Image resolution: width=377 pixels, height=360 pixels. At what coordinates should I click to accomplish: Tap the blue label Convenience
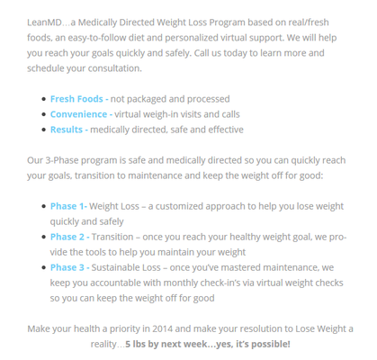[79, 114]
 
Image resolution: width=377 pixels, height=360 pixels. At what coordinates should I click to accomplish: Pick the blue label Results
[67, 130]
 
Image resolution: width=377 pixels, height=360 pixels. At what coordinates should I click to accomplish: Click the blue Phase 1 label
[68, 205]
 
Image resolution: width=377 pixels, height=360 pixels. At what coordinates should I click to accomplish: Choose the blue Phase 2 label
[69, 237]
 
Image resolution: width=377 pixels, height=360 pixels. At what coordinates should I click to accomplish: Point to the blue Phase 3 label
[69, 267]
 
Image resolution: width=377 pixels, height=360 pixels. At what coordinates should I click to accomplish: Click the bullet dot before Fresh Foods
[42, 99]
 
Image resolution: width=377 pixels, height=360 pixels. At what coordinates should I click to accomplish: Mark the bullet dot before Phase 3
[42, 267]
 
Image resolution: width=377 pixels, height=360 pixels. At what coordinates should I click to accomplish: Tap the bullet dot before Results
[42, 130]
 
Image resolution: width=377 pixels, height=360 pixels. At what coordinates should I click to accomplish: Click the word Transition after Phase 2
[118, 237]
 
